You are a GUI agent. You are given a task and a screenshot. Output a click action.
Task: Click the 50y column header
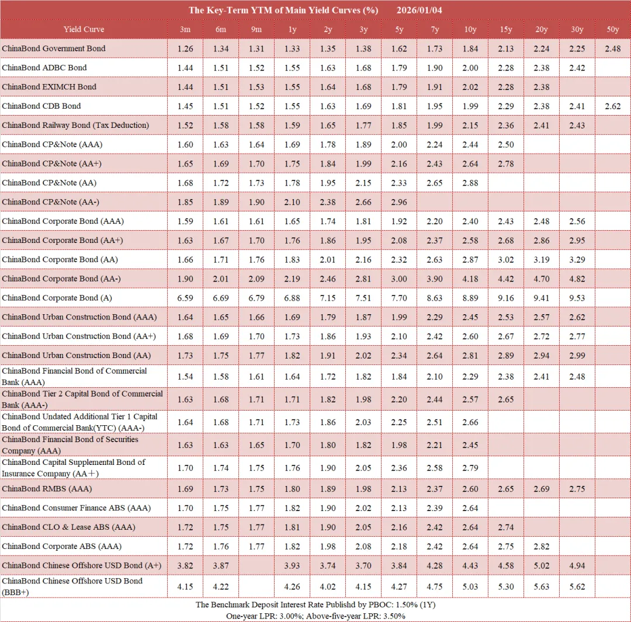pyautogui.click(x=613, y=29)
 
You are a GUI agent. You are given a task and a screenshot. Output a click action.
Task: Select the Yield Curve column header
pyautogui.click(x=84, y=29)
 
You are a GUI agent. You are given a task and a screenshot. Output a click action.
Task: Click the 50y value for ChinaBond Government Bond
pyautogui.click(x=613, y=48)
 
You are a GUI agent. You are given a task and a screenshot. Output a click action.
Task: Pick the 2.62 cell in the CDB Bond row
pyautogui.click(x=613, y=106)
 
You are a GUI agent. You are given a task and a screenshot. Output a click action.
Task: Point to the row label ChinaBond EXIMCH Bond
pyautogui.click(x=49, y=87)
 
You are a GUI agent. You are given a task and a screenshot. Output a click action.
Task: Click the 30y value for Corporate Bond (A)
pyautogui.click(x=577, y=298)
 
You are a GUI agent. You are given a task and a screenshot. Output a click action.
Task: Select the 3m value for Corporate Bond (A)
pyautogui.click(x=185, y=298)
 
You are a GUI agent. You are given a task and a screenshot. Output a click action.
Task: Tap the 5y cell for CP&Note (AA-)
pyautogui.click(x=399, y=202)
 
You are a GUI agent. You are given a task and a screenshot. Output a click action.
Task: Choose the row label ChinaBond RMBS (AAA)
pyautogui.click(x=47, y=489)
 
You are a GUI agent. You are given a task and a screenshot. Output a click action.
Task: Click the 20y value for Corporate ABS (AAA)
pyautogui.click(x=541, y=547)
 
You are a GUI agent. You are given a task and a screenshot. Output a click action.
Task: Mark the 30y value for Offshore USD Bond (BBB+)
pyautogui.click(x=577, y=587)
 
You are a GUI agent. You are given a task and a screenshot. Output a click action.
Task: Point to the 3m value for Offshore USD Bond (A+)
pyautogui.click(x=185, y=566)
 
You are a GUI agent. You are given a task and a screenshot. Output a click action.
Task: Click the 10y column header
pyautogui.click(x=470, y=29)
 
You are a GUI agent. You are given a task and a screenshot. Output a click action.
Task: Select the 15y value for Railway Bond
pyautogui.click(x=506, y=126)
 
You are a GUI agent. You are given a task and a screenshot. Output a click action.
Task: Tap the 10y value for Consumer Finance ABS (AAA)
pyautogui.click(x=470, y=508)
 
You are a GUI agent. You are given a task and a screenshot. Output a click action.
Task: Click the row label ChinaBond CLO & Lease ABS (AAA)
pyautogui.click(x=68, y=527)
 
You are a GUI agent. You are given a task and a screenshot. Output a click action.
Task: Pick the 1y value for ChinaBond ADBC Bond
pyautogui.click(x=292, y=68)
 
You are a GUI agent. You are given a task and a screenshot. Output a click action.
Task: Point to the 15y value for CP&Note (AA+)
pyautogui.click(x=506, y=164)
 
